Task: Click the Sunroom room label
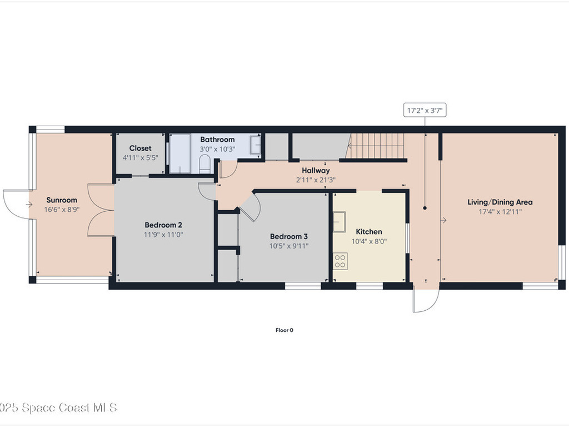(61, 200)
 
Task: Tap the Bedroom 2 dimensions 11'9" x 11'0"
(163, 235)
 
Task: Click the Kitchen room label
(369, 231)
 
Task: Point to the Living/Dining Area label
(500, 202)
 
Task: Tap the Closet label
(140, 148)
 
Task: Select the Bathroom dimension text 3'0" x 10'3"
(217, 150)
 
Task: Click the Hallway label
(316, 170)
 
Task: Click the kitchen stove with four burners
(340, 261)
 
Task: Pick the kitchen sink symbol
(340, 221)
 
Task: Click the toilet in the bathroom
(204, 165)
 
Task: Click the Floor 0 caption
(284, 330)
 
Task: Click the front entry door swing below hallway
(426, 301)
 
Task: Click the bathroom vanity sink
(255, 145)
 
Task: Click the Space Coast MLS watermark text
(58, 408)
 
